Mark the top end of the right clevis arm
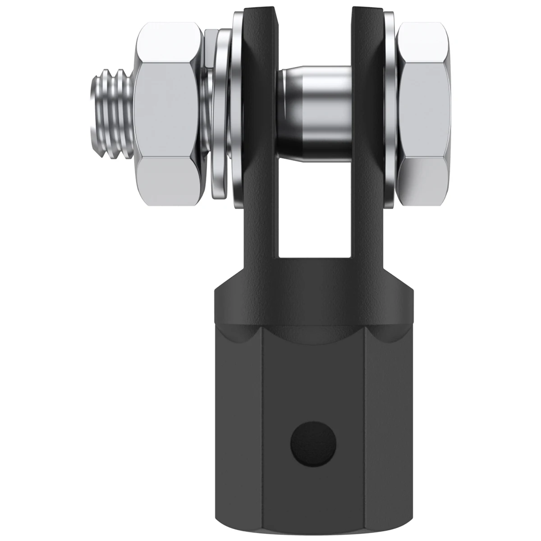pos(365,18)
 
